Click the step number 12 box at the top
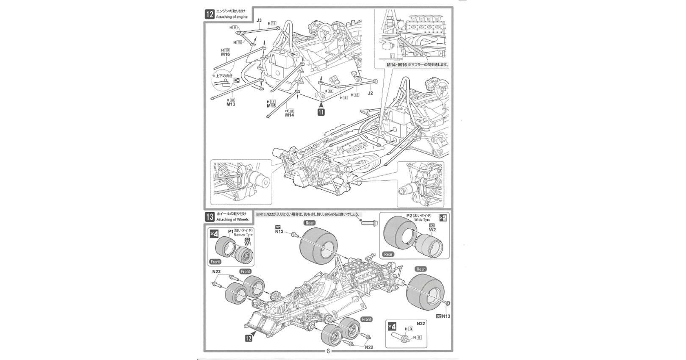209,14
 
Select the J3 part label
259,20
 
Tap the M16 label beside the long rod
225,54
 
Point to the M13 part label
231,104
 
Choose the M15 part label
271,106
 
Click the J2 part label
371,93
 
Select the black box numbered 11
321,112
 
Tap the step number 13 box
209,217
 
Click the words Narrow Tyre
243,234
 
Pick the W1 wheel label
248,244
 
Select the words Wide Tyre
421,220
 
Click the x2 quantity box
443,218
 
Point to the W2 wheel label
432,230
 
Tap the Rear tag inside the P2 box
388,254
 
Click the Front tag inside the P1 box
215,262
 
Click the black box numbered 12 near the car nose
248,338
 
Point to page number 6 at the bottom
328,351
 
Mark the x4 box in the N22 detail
393,327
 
